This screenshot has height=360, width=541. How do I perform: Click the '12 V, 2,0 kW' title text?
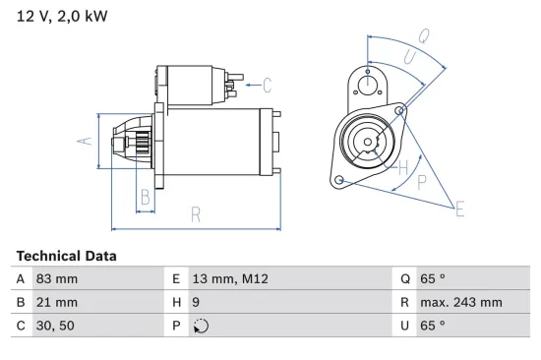pos(61,17)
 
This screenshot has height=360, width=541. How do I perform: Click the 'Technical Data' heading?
pos(66,256)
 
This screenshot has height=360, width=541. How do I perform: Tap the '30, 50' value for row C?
pos(55,326)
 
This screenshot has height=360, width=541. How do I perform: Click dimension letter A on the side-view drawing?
pos(85,140)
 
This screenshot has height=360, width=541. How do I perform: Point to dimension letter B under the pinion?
pos(145,196)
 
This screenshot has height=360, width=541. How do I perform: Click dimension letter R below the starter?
pos(196,214)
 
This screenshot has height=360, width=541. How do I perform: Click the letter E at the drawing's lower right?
pos(458,207)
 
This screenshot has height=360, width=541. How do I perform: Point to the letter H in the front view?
pos(403,166)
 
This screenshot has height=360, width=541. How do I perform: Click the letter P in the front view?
pos(424,182)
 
